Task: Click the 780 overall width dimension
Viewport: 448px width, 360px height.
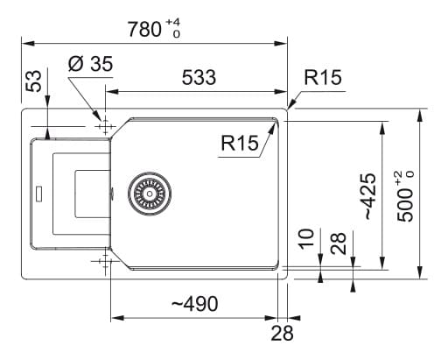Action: tap(144, 29)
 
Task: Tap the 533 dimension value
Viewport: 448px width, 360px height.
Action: tap(199, 77)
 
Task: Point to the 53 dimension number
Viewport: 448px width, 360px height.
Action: tap(34, 81)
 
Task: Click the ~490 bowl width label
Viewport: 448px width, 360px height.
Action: tap(194, 303)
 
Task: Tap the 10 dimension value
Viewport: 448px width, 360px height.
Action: tap(307, 239)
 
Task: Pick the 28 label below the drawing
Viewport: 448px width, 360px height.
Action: tap(282, 333)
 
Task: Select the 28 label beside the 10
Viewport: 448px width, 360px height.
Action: tap(339, 244)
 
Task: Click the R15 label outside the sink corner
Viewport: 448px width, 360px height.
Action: tap(323, 77)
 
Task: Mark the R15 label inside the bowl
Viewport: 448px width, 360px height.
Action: tap(240, 143)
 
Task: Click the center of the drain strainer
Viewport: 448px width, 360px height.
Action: tap(150, 194)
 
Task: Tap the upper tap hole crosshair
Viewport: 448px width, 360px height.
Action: tap(105, 127)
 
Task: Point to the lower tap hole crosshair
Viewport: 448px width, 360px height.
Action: tap(105, 261)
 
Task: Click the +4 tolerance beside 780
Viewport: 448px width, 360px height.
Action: tap(172, 22)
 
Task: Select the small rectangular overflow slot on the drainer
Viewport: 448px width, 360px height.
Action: tap(38, 193)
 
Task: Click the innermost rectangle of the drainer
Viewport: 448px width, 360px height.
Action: tap(93, 194)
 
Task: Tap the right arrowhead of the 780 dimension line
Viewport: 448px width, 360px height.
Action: tap(281, 44)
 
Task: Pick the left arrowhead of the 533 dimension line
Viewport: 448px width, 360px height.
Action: tap(112, 92)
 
